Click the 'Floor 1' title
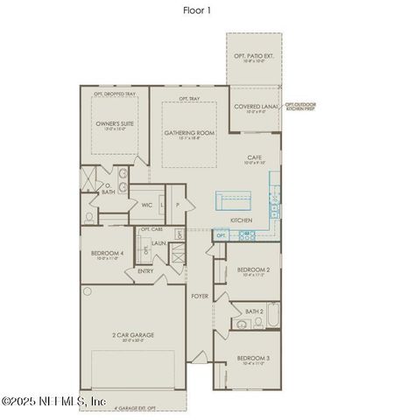pos(196,10)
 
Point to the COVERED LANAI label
pos(255,107)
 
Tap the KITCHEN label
pos(242,220)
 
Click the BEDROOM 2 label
pos(253,270)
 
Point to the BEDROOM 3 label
pos(253,359)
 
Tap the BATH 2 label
pos(254,311)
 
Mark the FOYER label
pos(200,297)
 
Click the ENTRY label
pos(146,271)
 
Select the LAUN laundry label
pos(158,243)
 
